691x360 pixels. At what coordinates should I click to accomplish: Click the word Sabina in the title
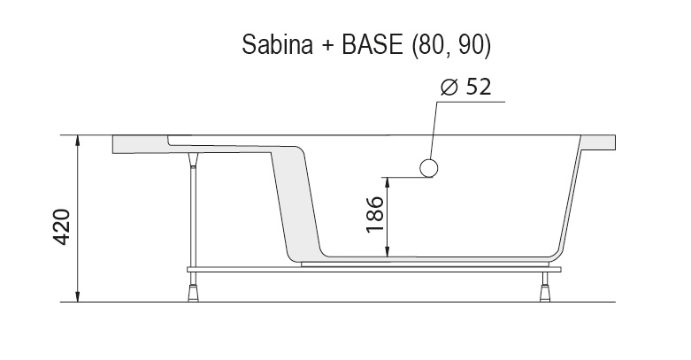tap(273, 45)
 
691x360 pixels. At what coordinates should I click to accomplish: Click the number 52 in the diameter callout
tap(476, 88)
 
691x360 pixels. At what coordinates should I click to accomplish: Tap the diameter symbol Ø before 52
tap(448, 88)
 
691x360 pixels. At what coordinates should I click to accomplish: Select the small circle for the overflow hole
tap(429, 169)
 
